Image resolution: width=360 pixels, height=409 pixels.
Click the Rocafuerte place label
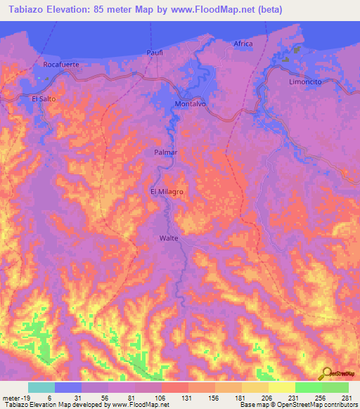pos(60,64)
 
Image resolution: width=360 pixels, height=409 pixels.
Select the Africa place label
pos(243,44)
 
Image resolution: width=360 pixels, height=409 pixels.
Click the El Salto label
pos(43,99)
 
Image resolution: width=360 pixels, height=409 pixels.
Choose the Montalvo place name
pos(190,104)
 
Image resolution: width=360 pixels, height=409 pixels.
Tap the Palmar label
pos(165,152)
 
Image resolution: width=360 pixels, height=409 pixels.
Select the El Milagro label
pos(167,190)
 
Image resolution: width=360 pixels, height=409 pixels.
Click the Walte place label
pos(169,238)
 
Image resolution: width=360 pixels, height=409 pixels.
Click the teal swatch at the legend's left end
pos(41,387)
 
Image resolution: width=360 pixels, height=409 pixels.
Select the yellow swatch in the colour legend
pos(281,387)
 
